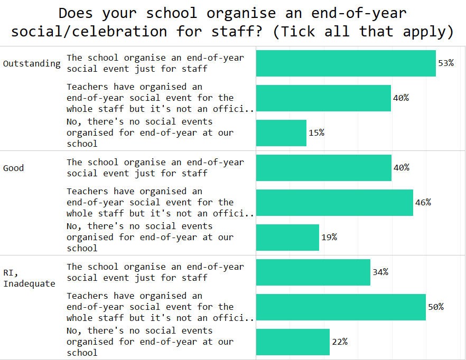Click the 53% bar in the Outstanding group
click(x=346, y=63)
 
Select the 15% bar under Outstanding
click(x=281, y=133)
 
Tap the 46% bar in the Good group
click(x=334, y=203)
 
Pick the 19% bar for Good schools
click(x=287, y=238)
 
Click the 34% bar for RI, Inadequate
click(x=313, y=272)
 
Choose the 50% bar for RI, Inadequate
click(x=341, y=307)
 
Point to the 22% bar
click(x=293, y=342)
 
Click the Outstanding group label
click(x=32, y=63)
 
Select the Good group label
click(x=13, y=168)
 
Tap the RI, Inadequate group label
click(x=29, y=278)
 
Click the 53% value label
click(x=446, y=63)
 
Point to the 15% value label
click(x=316, y=133)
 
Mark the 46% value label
click(x=423, y=203)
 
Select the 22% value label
click(x=339, y=342)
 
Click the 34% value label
click(x=380, y=272)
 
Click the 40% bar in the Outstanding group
click(x=323, y=98)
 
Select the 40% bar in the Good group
click(x=323, y=168)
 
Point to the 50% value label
click(x=435, y=307)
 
